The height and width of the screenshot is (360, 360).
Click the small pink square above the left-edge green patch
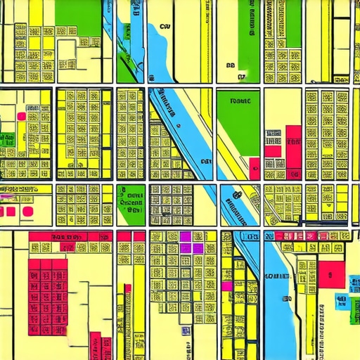(21, 116)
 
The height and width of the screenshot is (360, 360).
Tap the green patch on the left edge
(8, 138)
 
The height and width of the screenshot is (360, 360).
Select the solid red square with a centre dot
(331, 275)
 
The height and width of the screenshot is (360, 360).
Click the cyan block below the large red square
(341, 301)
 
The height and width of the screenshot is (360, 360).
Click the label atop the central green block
(240, 101)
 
